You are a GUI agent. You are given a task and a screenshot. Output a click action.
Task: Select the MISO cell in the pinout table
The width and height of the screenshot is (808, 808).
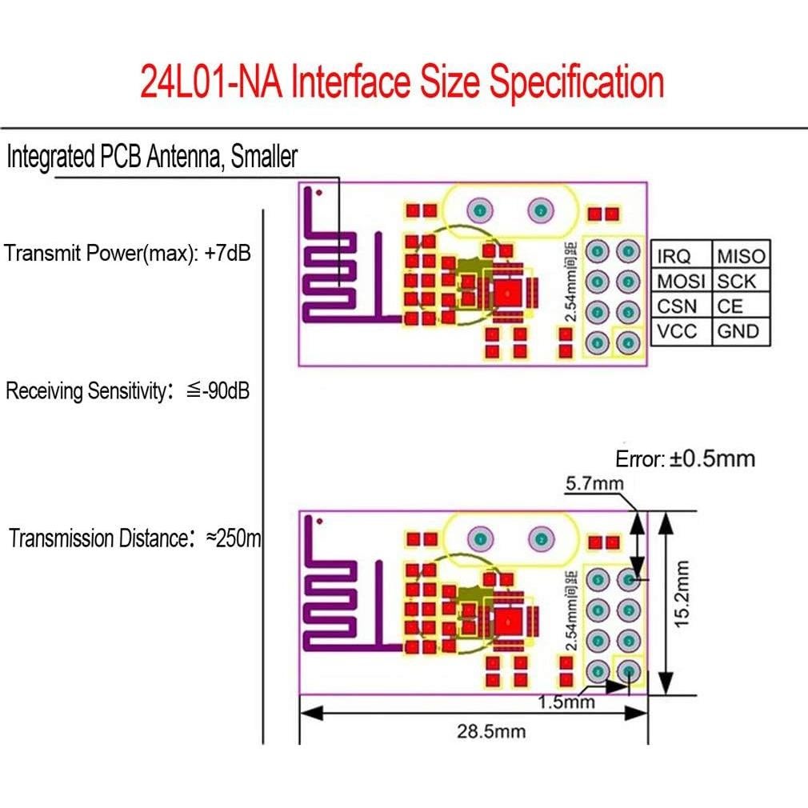[x=741, y=256]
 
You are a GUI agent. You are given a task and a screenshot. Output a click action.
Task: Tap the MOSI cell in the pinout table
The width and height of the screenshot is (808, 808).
[x=681, y=281]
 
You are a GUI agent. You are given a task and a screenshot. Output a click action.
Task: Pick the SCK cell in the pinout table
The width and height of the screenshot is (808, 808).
[x=736, y=281]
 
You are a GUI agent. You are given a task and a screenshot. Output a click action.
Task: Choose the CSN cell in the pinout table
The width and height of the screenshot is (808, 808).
[x=678, y=306]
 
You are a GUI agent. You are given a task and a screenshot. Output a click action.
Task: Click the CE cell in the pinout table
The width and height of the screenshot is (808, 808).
[x=730, y=306]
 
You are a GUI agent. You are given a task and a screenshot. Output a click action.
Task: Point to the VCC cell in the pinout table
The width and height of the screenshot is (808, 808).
[x=678, y=331]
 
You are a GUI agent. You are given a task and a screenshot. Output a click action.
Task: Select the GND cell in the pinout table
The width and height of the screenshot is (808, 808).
[x=738, y=331]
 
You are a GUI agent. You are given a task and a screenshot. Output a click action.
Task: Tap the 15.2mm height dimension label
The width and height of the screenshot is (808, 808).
[x=682, y=593]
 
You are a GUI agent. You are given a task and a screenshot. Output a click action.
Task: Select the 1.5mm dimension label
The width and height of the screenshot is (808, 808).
[x=566, y=702]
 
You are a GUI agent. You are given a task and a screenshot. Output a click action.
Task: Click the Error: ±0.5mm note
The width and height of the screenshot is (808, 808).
[x=685, y=459]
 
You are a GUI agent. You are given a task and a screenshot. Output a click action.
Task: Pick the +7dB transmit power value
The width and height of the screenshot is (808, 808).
[x=227, y=254]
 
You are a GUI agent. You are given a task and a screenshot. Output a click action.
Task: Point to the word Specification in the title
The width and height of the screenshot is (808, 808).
[x=576, y=82]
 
